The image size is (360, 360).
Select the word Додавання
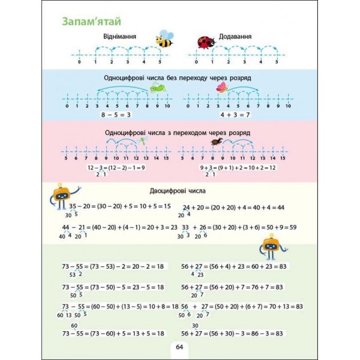pyautogui.click(x=235, y=37)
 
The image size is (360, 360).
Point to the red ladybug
pyautogui.click(x=205, y=41)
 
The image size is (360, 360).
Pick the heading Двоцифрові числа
pyautogui.click(x=179, y=191)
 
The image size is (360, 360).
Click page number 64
pyautogui.click(x=179, y=347)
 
